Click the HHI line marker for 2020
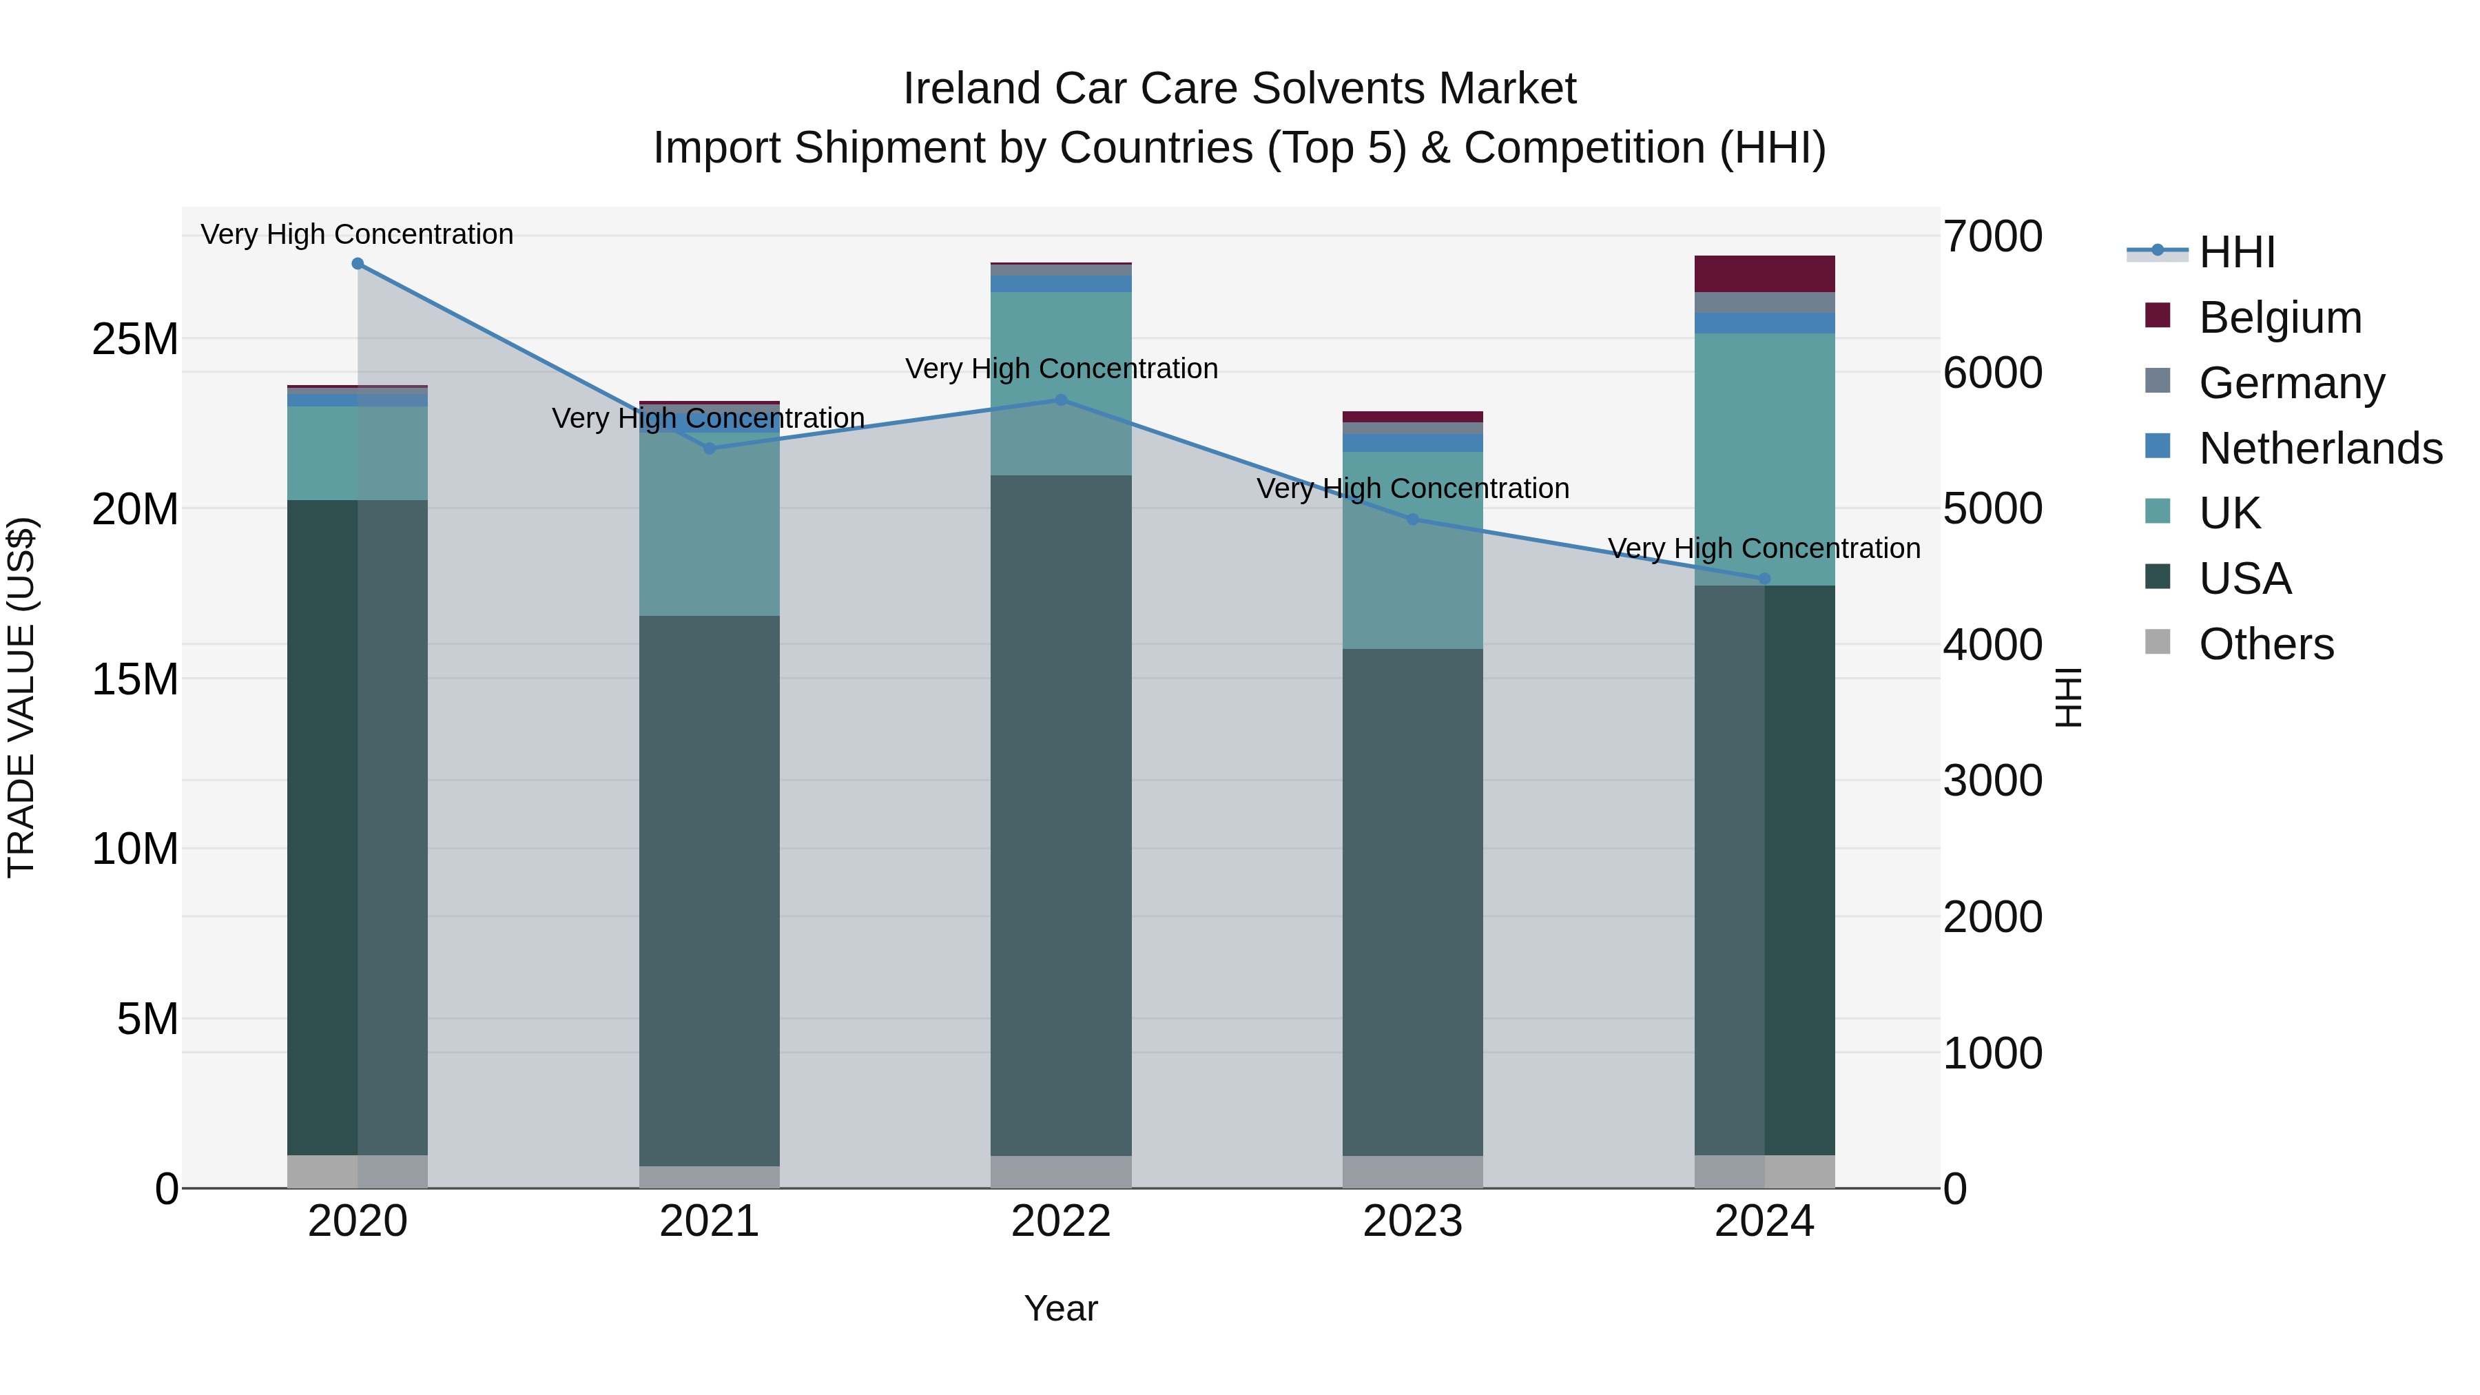click(x=357, y=264)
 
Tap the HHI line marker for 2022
click(x=1061, y=400)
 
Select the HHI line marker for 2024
click(x=1764, y=579)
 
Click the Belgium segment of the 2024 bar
click(x=1764, y=274)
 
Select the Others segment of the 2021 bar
click(x=710, y=1177)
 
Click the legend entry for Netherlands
click(x=2320, y=448)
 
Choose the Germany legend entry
click(x=2291, y=383)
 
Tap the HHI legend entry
click(x=2236, y=252)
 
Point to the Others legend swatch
click(x=2158, y=642)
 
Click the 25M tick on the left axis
click(x=135, y=339)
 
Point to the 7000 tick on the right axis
click(x=1992, y=237)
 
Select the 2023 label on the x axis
click(x=1412, y=1221)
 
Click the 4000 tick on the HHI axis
click(x=1992, y=644)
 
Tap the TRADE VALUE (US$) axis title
click(x=21, y=697)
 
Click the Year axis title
click(x=1061, y=1308)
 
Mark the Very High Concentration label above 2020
click(x=357, y=235)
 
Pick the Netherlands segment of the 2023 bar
click(x=1412, y=443)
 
